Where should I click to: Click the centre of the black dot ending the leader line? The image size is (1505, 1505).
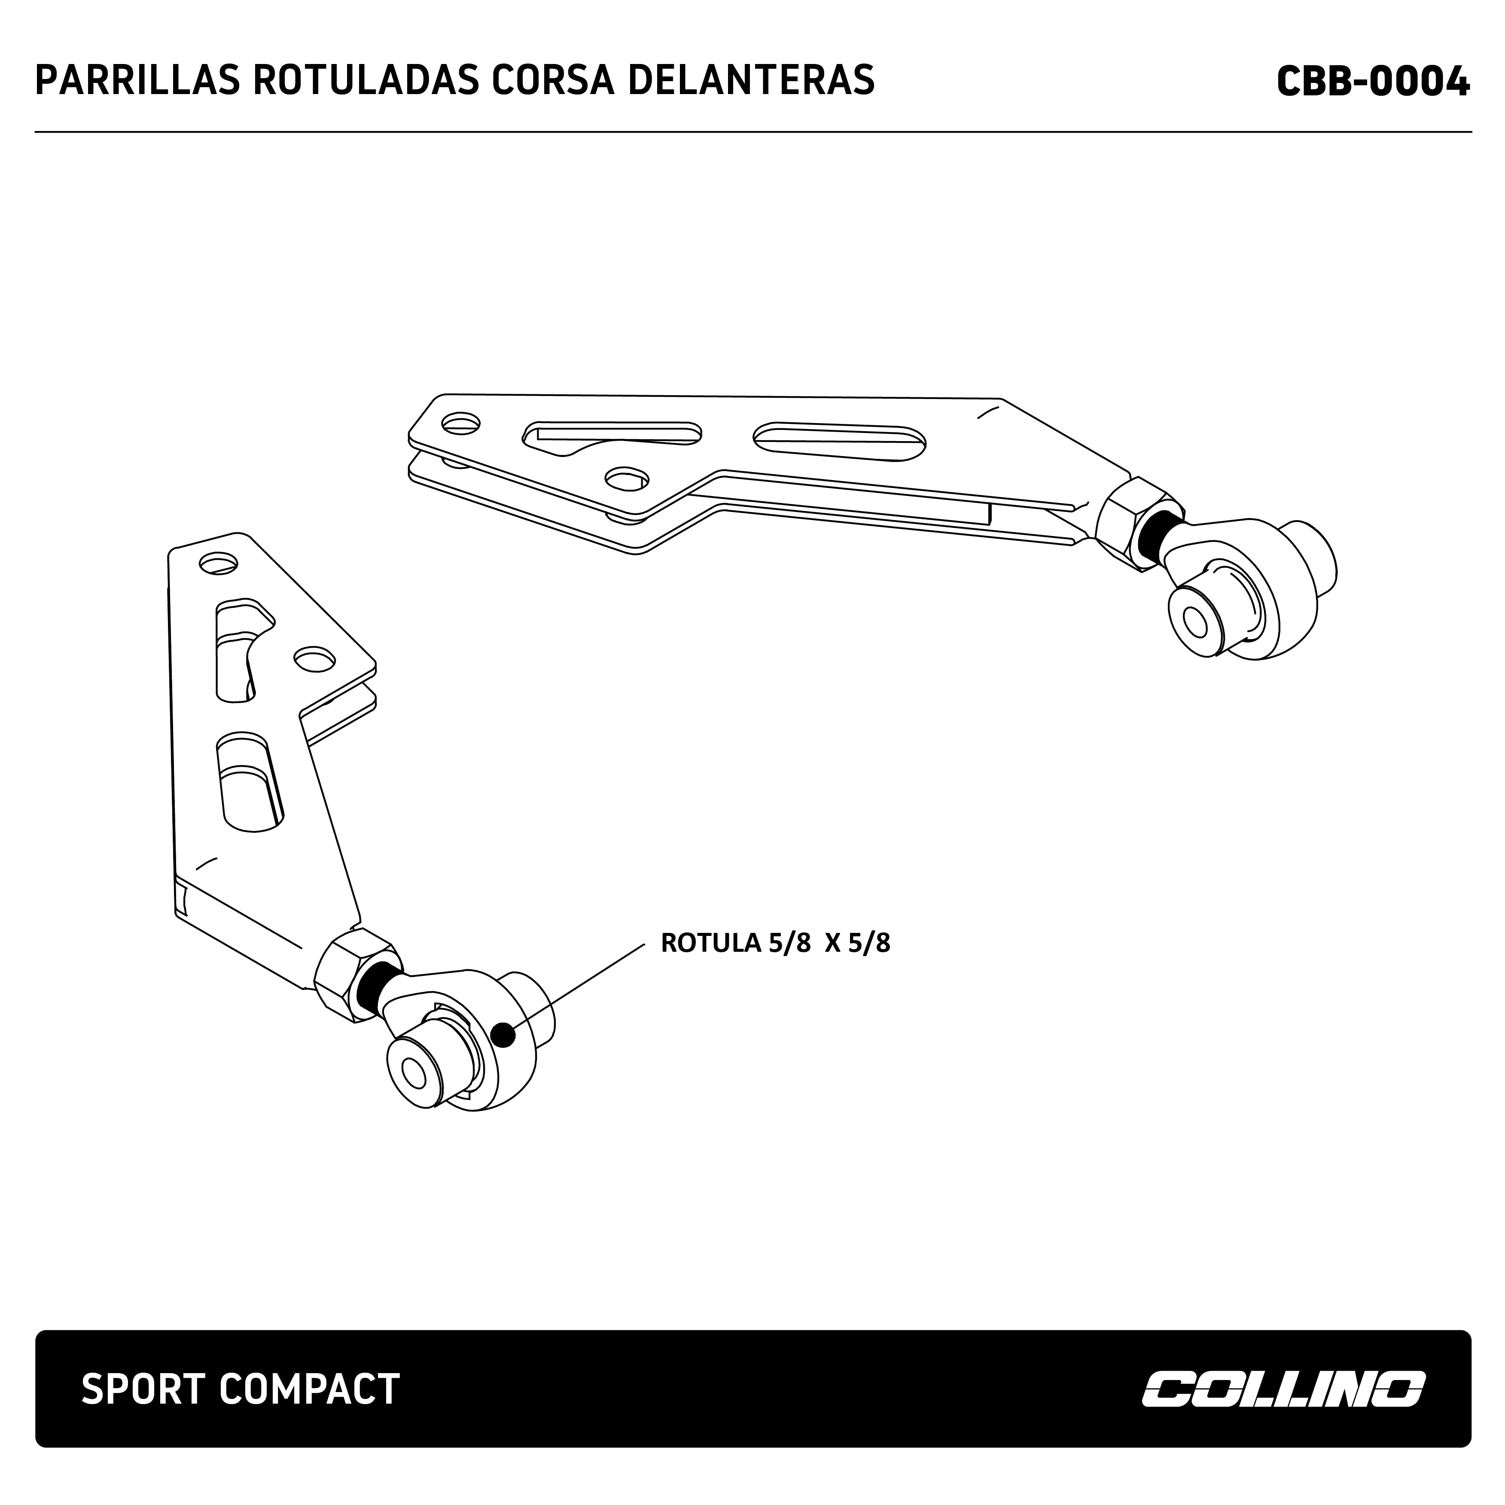[x=504, y=1035]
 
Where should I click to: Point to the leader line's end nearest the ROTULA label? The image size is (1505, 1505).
[x=645, y=945]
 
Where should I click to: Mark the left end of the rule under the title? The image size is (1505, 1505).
[x=35, y=132]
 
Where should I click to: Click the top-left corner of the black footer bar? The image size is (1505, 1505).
[x=36, y=1331]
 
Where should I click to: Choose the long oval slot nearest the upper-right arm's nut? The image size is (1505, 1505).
[x=839, y=441]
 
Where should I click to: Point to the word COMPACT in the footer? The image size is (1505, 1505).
[x=309, y=1390]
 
